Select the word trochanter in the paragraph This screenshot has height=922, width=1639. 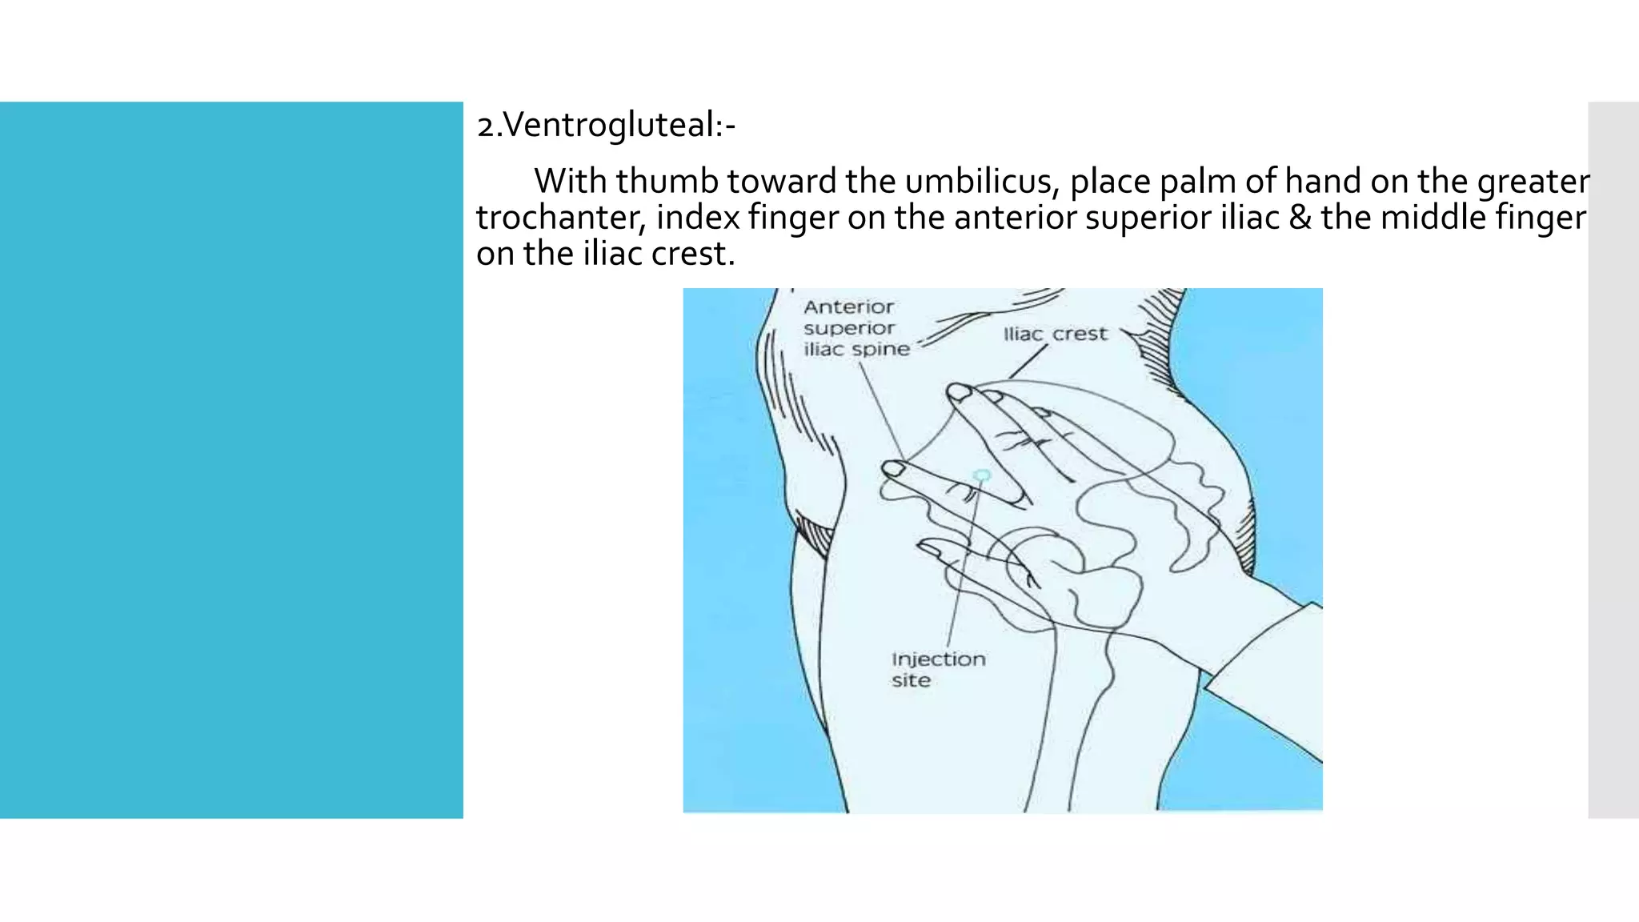(560, 218)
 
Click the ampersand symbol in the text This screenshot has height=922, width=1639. (1300, 218)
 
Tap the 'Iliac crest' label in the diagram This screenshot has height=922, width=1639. (1055, 334)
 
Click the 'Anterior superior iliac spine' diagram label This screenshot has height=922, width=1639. (856, 328)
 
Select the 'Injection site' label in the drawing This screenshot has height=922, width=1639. (938, 669)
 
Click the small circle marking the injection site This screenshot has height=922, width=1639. (982, 476)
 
